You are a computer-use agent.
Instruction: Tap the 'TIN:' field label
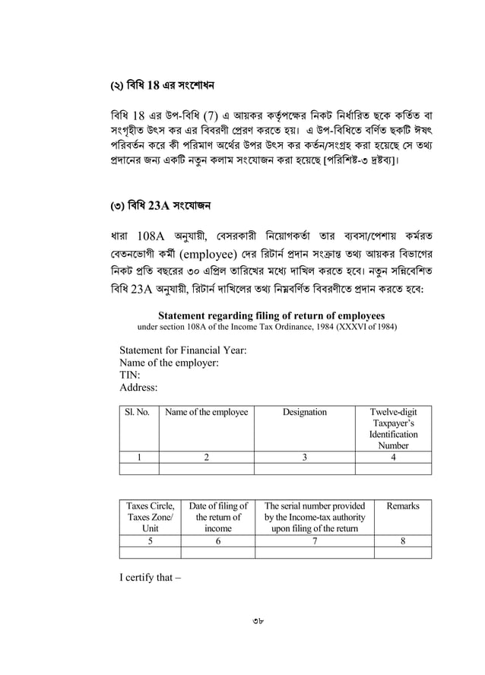pos(131,376)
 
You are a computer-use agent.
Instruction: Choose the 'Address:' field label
pos(138,388)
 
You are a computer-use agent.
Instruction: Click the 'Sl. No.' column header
pos(137,413)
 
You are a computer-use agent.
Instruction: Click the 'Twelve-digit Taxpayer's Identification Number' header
pos(393,429)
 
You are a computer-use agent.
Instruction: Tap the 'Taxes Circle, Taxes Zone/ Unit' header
pos(150,517)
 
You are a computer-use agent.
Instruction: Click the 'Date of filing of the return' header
pos(218,517)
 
